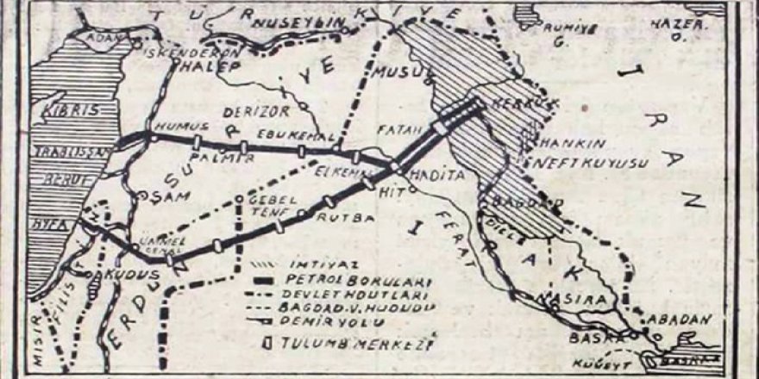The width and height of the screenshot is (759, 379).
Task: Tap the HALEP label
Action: coord(211,66)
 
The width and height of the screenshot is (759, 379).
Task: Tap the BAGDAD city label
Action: coord(515,203)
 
